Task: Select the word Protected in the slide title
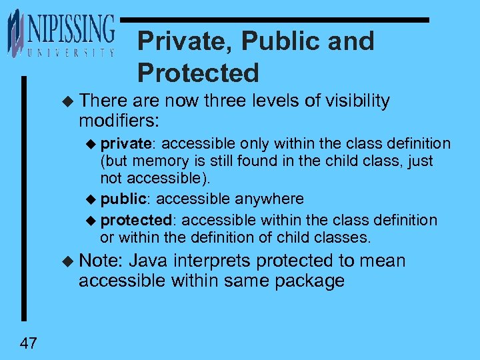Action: [x=198, y=73]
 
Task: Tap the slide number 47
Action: [x=29, y=343]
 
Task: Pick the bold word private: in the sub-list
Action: [x=129, y=144]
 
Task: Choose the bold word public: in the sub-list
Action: [x=126, y=199]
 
